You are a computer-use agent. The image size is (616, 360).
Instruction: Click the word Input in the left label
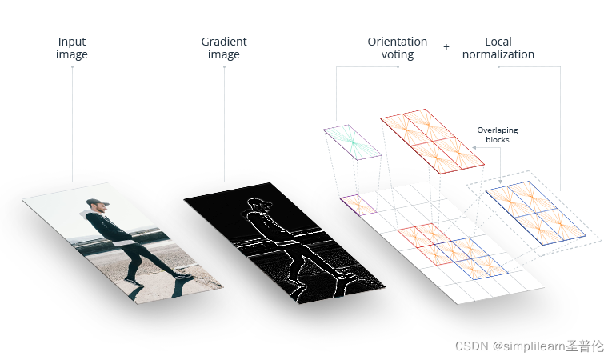72,42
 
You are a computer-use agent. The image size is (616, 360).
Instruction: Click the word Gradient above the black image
224,42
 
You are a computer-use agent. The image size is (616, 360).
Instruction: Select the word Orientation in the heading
398,42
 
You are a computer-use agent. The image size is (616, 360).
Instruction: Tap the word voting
398,54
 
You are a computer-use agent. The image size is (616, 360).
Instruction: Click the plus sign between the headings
446,47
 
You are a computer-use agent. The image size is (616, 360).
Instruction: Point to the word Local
498,42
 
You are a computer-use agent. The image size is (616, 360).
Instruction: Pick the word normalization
498,54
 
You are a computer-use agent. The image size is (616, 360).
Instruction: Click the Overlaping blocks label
493,134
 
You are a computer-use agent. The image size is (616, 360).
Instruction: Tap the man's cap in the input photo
95,203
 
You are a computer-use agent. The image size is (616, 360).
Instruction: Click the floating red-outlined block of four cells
432,139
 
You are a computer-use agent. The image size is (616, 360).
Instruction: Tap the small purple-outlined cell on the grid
357,206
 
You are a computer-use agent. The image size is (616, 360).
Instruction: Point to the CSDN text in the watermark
472,346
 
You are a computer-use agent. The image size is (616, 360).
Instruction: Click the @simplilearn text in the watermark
529,346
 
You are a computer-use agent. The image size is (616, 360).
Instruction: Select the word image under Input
72,54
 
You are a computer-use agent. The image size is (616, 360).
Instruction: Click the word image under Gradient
224,54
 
